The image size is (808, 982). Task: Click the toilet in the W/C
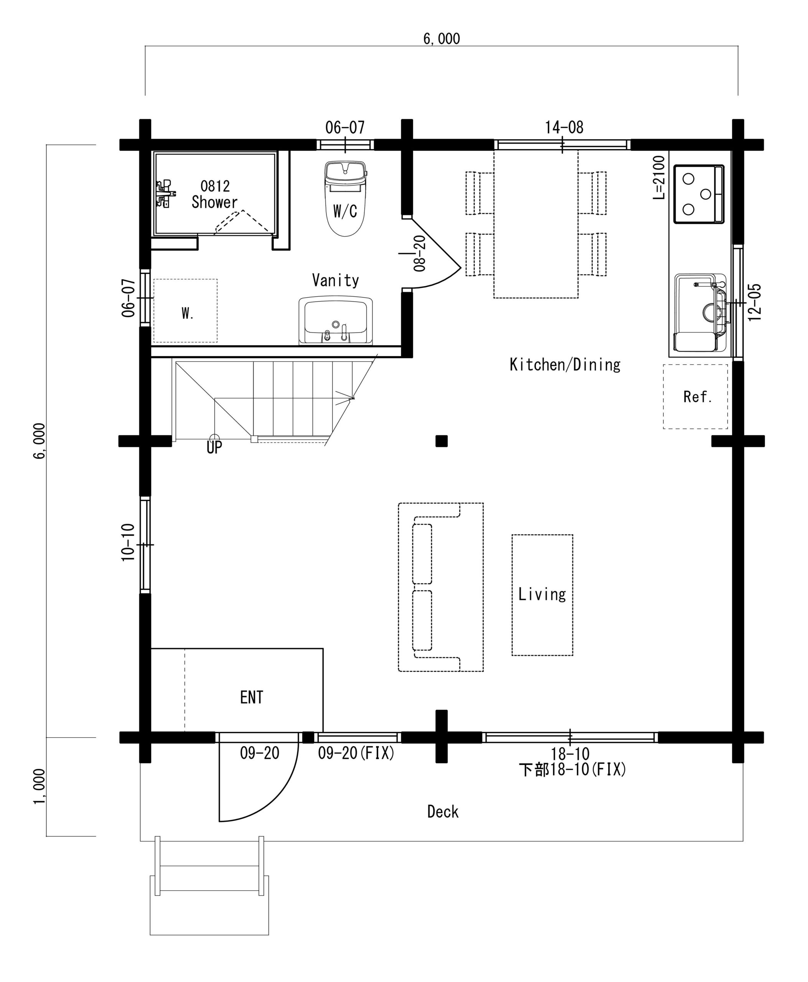pyautogui.click(x=345, y=199)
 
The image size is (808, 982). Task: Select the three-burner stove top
pyautogui.click(x=699, y=194)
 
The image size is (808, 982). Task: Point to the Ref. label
pyautogui.click(x=698, y=397)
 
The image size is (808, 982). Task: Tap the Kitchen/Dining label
pyautogui.click(x=565, y=364)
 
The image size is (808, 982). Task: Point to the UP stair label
pyautogui.click(x=214, y=447)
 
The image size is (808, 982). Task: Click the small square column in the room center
pyautogui.click(x=442, y=441)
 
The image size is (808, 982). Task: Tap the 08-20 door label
pyautogui.click(x=419, y=254)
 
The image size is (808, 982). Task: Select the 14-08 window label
pyautogui.click(x=564, y=127)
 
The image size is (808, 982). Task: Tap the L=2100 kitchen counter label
pyautogui.click(x=659, y=177)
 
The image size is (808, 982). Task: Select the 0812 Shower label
pyautogui.click(x=214, y=194)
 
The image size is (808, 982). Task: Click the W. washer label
pyautogui.click(x=188, y=314)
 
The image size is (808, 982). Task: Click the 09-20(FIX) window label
pyautogui.click(x=356, y=753)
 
